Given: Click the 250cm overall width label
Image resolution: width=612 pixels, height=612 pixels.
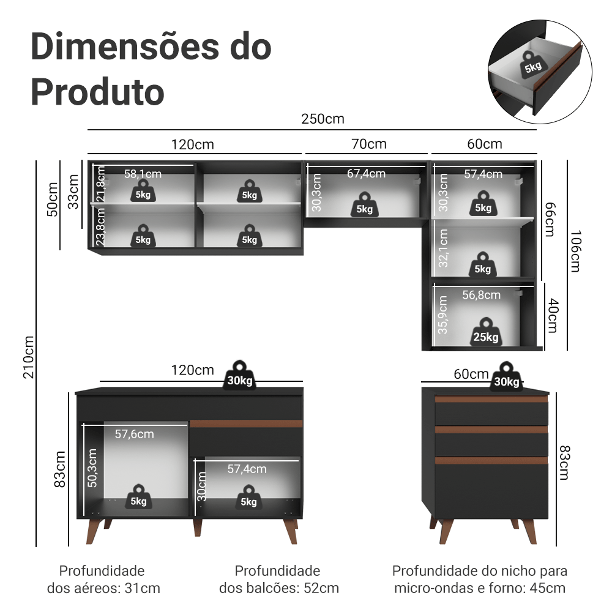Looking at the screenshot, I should [x=323, y=119].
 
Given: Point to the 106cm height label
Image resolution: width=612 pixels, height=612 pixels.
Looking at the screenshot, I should [x=574, y=252].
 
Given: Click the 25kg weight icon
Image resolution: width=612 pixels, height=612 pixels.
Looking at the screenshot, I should [x=485, y=332].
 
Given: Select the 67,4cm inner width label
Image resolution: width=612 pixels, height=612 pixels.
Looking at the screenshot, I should [x=366, y=174].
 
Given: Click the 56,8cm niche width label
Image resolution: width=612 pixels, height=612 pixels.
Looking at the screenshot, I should [x=481, y=295].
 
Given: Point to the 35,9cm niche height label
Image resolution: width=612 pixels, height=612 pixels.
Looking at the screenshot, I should [x=442, y=315].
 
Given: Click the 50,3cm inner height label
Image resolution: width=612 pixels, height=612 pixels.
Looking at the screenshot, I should [x=92, y=468].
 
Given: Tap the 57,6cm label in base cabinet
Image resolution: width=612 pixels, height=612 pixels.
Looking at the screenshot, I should [x=135, y=434].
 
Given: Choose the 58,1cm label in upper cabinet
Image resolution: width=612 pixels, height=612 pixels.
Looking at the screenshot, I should [x=143, y=174].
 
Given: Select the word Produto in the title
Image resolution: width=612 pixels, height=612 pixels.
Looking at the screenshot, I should [x=97, y=92].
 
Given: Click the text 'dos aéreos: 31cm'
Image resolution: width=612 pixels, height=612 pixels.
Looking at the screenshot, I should [x=103, y=589].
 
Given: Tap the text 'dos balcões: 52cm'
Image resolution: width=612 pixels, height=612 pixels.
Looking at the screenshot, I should [x=279, y=589].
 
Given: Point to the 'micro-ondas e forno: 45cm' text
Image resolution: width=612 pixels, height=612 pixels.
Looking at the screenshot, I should [x=479, y=589].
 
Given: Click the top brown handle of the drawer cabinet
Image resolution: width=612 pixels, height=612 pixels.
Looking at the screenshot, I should [x=491, y=399].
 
